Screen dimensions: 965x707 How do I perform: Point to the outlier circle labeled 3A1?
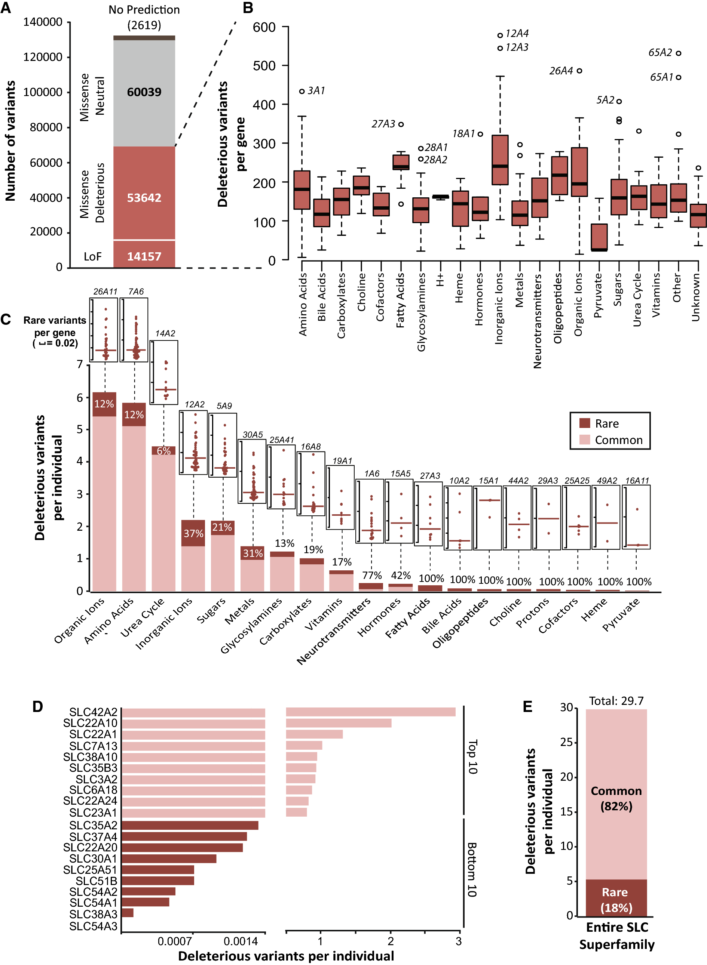(x=302, y=91)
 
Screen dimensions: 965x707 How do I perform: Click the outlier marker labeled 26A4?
(x=579, y=71)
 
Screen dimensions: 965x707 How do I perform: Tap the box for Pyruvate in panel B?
(x=599, y=237)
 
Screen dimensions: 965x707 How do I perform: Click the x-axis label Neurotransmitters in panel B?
(x=538, y=321)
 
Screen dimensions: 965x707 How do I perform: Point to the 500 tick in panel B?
(x=264, y=66)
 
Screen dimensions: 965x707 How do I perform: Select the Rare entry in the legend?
(x=599, y=423)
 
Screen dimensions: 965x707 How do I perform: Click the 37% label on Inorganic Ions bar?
(x=193, y=534)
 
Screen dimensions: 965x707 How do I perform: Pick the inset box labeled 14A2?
(x=164, y=372)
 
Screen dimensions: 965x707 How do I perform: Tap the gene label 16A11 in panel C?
(x=637, y=481)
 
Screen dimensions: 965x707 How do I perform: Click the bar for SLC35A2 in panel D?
(x=190, y=825)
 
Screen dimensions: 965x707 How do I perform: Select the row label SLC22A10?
(x=90, y=723)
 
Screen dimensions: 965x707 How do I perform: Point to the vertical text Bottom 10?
(x=471, y=870)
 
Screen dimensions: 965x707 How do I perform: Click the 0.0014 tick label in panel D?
(x=241, y=941)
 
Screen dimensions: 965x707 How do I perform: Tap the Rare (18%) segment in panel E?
(x=616, y=898)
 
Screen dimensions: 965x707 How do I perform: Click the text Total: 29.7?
(x=616, y=701)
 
